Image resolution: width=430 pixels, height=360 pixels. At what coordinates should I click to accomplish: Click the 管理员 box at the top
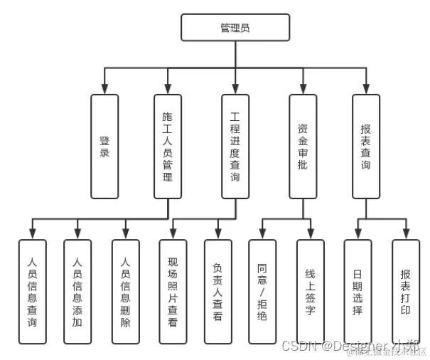[x=235, y=28]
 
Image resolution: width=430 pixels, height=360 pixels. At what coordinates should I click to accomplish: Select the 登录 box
[x=104, y=146]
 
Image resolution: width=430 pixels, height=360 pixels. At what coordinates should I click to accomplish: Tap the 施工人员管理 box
[x=168, y=146]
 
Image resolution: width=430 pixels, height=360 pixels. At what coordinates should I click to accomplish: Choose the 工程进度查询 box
[x=235, y=146]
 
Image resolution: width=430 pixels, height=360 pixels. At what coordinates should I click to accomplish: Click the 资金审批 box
[x=303, y=146]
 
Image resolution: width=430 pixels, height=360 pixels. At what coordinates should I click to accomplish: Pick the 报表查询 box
[x=366, y=146]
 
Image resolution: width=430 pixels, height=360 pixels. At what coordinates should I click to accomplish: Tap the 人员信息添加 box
[x=77, y=292]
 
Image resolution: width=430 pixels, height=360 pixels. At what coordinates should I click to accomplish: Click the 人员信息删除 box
[x=126, y=292]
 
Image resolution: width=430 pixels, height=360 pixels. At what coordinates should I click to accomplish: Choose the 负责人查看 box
[x=217, y=292]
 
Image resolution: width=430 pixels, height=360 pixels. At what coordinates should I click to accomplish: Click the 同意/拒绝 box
[x=262, y=292]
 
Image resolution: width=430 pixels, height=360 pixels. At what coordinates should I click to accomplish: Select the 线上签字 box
[x=310, y=292]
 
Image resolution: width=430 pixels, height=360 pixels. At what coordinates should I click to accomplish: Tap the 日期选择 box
[x=358, y=292]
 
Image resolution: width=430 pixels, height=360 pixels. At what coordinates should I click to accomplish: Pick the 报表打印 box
[x=406, y=292]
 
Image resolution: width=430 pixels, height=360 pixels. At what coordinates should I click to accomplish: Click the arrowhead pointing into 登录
[x=104, y=90]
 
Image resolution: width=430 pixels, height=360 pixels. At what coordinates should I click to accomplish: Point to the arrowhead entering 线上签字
[x=310, y=235]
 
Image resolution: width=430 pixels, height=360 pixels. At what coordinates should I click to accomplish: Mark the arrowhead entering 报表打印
[x=406, y=235]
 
